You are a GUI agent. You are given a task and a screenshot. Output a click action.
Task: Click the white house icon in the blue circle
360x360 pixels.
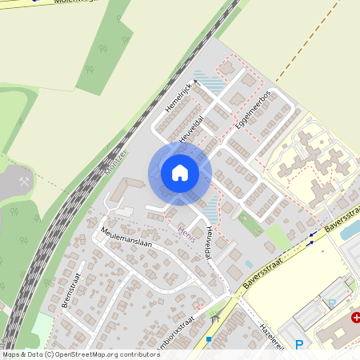point(180,173)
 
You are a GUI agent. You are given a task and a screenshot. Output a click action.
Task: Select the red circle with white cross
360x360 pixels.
point(354,318)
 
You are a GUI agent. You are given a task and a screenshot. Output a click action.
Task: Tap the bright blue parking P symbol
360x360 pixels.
point(299,345)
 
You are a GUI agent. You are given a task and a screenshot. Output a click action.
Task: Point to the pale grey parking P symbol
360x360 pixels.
point(332,303)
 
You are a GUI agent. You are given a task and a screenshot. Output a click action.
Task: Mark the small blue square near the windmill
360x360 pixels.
point(208,338)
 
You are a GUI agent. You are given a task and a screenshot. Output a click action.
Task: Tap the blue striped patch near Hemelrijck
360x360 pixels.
point(210,81)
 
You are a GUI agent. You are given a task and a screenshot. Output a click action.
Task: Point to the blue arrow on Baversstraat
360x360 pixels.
point(312,242)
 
